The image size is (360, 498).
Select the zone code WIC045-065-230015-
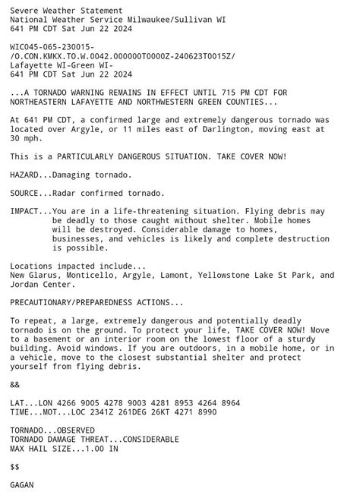pos(52,47)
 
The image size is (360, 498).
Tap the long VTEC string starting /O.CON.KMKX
pos(122,56)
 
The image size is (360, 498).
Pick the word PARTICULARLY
pos(93,156)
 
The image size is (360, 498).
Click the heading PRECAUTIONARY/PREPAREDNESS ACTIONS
pos(96,302)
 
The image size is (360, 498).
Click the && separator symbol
pos(15,384)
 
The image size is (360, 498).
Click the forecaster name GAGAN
pos(23,484)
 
